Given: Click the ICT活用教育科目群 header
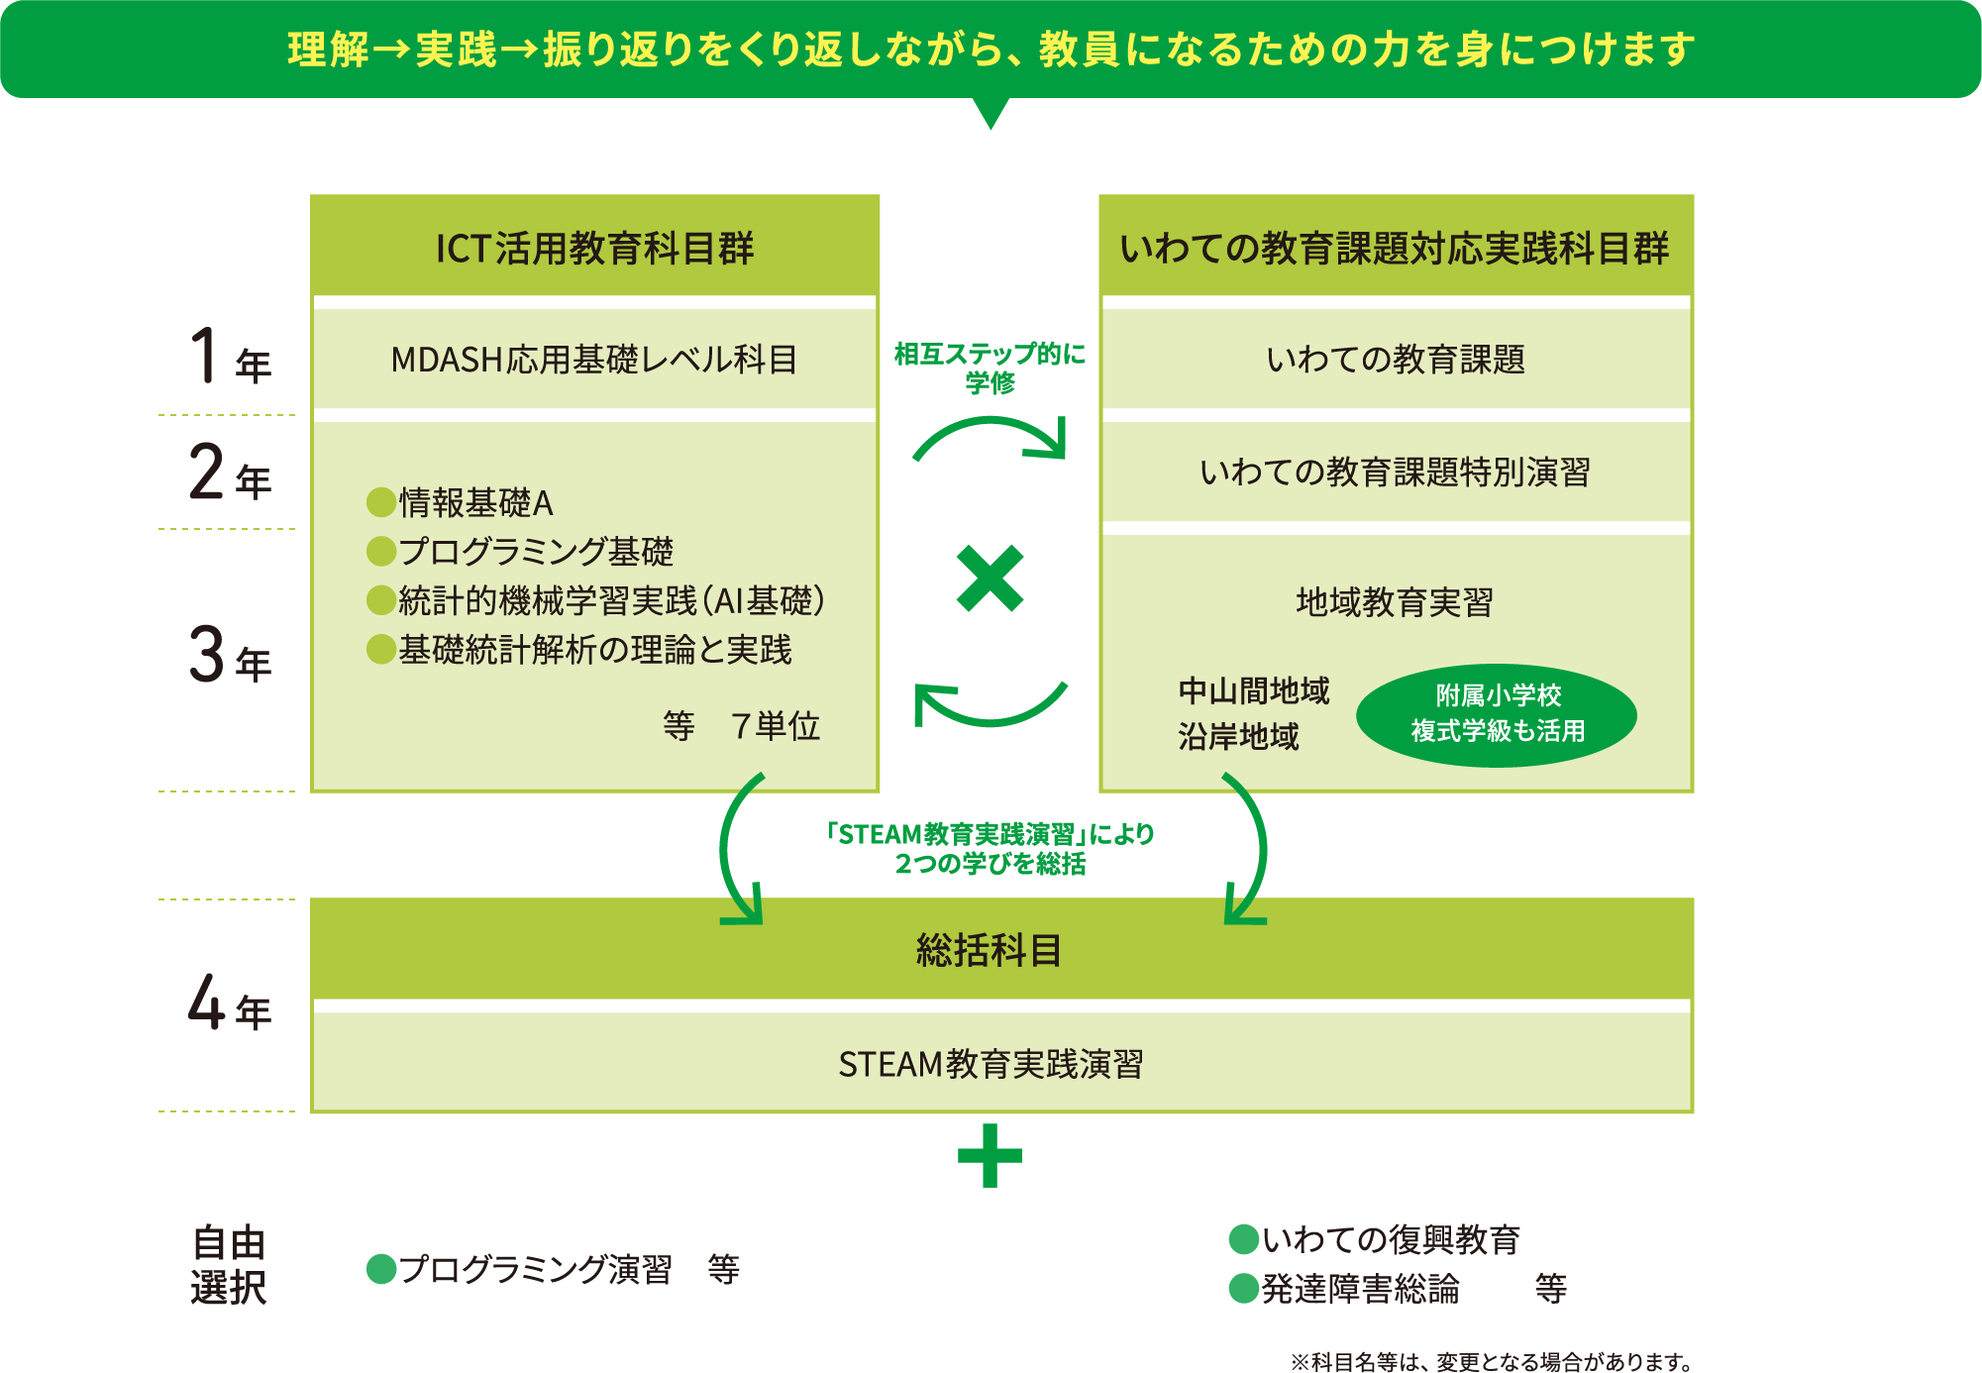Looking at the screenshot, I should point(594,248).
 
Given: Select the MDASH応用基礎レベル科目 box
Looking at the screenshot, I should point(594,360).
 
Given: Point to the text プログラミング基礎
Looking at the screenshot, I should point(535,552).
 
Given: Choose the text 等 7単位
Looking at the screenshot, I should point(742,726).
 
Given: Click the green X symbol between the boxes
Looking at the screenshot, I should point(990,579).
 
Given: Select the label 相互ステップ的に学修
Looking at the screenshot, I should point(990,368).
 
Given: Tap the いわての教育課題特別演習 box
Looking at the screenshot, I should point(1395,473).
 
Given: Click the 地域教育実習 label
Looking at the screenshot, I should point(1395,602).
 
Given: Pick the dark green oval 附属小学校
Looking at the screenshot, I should point(1497,714).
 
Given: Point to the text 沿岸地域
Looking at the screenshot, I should point(1238,737).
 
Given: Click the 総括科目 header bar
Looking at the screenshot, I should point(991,950).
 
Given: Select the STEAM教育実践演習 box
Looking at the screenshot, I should point(991,1064).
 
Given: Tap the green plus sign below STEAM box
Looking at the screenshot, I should point(990,1155).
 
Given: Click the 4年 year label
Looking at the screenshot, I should point(229,1003).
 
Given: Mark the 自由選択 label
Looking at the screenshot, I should point(229,1265).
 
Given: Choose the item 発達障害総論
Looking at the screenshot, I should point(1360,1289).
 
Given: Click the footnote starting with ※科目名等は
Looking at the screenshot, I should point(1491,1362).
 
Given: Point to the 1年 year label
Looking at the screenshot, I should point(229,358).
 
